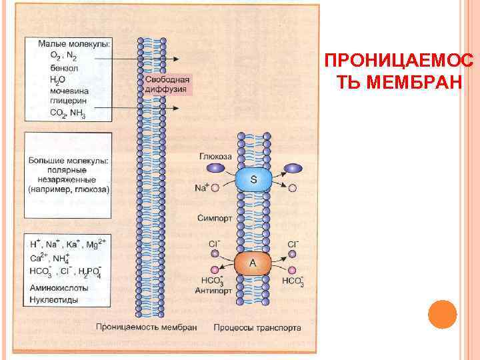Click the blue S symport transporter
pos(254,179)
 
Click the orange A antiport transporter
pos(253,264)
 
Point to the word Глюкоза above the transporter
pos(215,157)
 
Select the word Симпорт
pos(214,217)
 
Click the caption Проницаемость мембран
pos(146,327)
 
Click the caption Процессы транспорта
pos(257,327)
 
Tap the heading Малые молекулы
pos(75,43)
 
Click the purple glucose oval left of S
pos(219,169)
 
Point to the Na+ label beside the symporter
pos(202,187)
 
